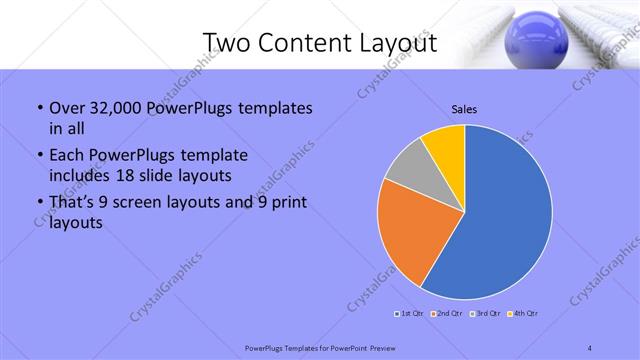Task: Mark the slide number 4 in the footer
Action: coord(590,348)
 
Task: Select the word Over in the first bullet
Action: coord(66,108)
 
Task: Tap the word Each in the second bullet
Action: coord(66,156)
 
